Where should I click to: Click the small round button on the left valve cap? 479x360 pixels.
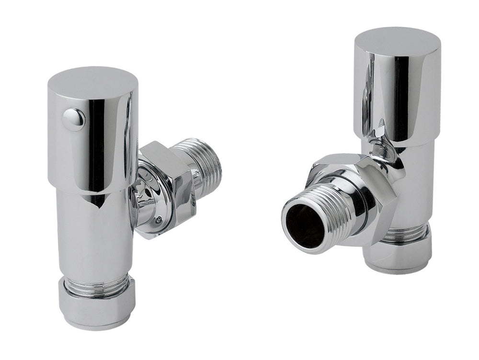point(74,119)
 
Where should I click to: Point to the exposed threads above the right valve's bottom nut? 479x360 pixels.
point(407,234)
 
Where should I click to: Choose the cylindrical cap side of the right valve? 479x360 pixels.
point(398,96)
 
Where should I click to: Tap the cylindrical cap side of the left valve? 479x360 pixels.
point(93,144)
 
